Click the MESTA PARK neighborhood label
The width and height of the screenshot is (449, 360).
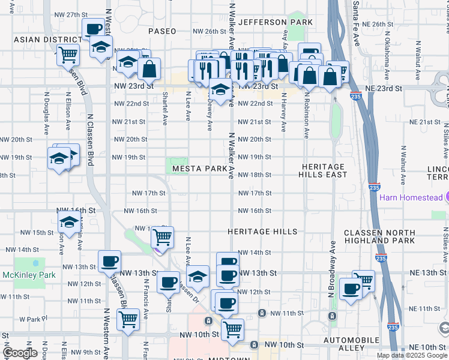point(200,169)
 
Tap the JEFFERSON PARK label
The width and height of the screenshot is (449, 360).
point(276,22)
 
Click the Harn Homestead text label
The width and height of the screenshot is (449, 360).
point(411,197)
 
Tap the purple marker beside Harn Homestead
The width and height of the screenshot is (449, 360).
point(445,197)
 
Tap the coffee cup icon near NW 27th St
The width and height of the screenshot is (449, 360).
point(94,29)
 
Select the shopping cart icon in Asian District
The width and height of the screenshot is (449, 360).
point(68,55)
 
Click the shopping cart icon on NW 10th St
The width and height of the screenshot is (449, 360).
point(232,329)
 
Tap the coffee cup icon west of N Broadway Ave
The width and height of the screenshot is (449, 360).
point(350,289)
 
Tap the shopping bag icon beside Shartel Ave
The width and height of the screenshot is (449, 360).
point(149,69)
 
